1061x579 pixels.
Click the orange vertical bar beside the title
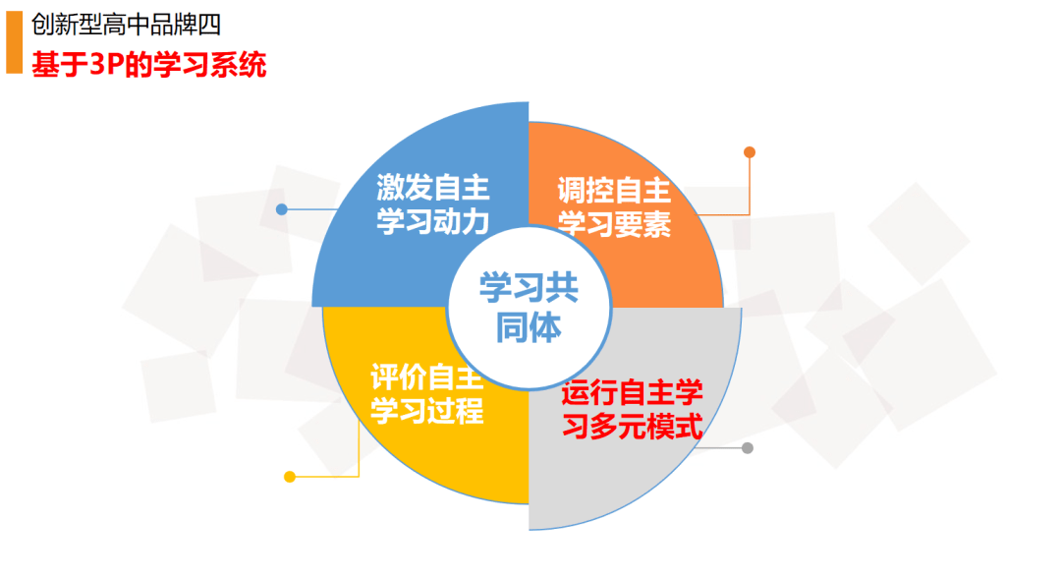pyautogui.click(x=14, y=42)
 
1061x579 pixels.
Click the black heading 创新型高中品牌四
pyautogui.click(x=126, y=25)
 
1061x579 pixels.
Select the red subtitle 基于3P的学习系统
pyautogui.click(x=149, y=65)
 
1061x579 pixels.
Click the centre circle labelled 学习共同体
pyautogui.click(x=529, y=308)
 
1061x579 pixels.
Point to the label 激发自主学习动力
pyautogui.click(x=432, y=203)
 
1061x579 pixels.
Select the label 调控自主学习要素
pyautogui.click(x=614, y=206)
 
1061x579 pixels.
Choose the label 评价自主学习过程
pyautogui.click(x=427, y=394)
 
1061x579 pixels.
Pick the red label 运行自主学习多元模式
pyautogui.click(x=632, y=409)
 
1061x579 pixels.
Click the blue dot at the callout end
pyautogui.click(x=282, y=210)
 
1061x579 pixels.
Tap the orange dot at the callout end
pyautogui.click(x=749, y=152)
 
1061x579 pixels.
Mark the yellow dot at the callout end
pyautogui.click(x=290, y=477)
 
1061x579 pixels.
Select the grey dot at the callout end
pyautogui.click(x=747, y=447)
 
